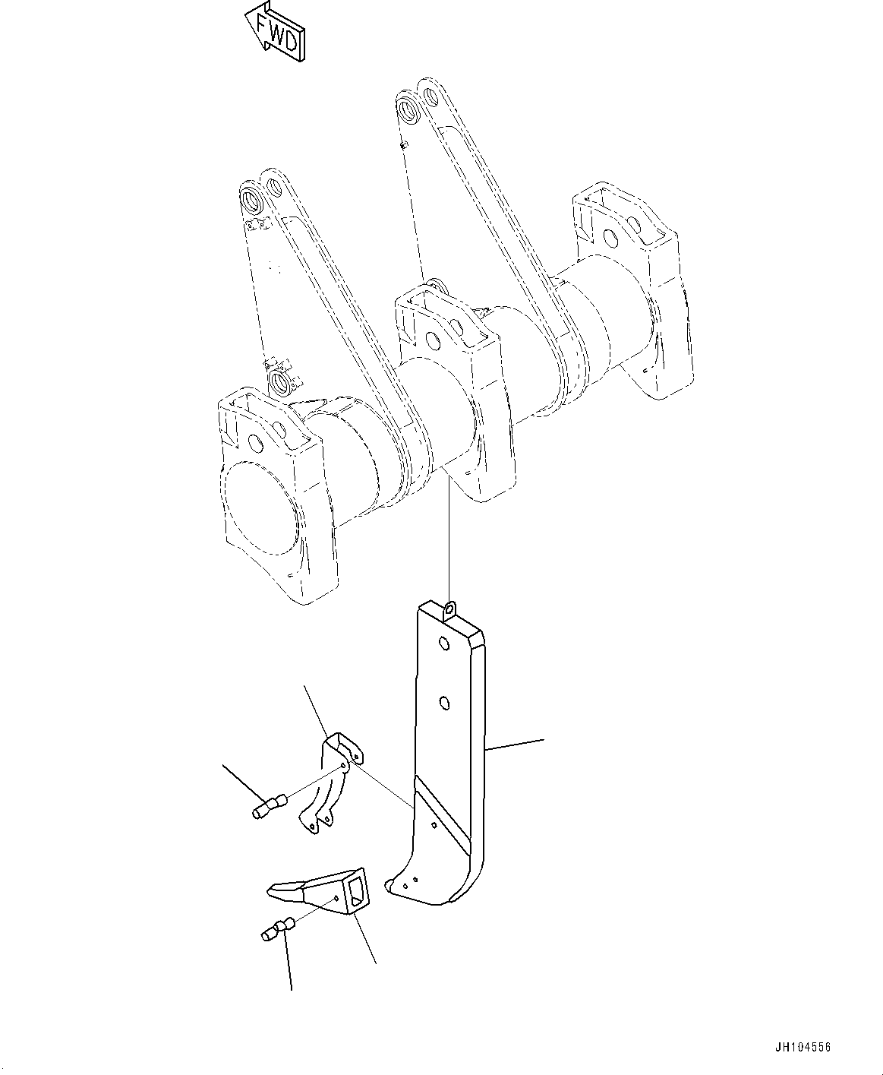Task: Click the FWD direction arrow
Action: click(x=274, y=31)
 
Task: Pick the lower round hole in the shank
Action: click(x=445, y=703)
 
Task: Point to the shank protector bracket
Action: click(x=331, y=783)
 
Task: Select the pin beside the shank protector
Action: click(x=268, y=806)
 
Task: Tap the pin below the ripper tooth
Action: click(x=276, y=930)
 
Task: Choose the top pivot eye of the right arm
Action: click(x=409, y=107)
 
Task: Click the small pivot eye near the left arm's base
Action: click(x=279, y=381)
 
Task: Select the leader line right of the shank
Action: click(x=515, y=744)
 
